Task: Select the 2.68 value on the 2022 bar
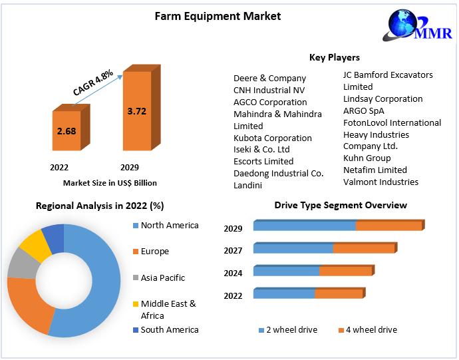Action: click(67, 131)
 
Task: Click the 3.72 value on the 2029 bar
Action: click(136, 111)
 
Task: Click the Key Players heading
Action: click(335, 58)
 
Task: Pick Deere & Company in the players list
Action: click(269, 78)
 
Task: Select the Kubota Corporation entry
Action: click(272, 138)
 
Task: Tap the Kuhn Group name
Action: click(367, 158)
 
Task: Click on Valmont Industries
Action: click(381, 182)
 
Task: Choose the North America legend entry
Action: click(169, 225)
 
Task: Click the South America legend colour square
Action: click(136, 330)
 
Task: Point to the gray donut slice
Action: click(23, 264)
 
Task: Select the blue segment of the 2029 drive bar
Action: click(305, 226)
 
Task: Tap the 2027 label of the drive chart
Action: click(233, 251)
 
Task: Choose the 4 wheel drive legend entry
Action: click(367, 330)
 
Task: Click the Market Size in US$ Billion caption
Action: click(110, 182)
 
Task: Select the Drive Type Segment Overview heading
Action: click(341, 205)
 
